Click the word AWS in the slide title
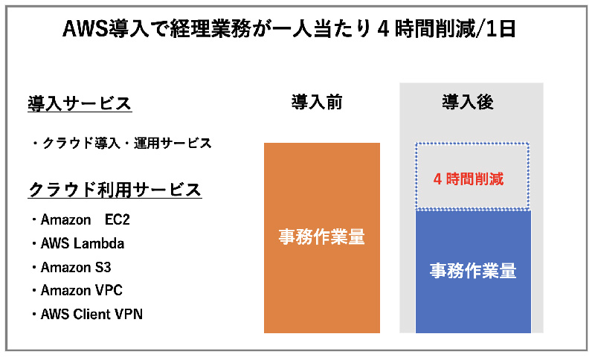click(86, 29)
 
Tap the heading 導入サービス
click(80, 103)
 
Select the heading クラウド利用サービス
click(115, 190)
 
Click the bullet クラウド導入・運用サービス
click(122, 144)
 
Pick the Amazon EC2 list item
click(81, 219)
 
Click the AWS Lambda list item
click(79, 243)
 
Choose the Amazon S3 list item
click(71, 268)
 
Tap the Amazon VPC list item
click(77, 291)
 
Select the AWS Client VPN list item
click(87, 315)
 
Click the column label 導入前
click(317, 103)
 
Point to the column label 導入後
click(468, 103)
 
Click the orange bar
click(322, 238)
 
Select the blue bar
click(473, 271)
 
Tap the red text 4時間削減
click(469, 179)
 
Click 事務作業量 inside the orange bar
click(322, 237)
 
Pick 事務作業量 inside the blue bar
click(473, 271)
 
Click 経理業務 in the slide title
click(210, 29)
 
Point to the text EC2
click(118, 219)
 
